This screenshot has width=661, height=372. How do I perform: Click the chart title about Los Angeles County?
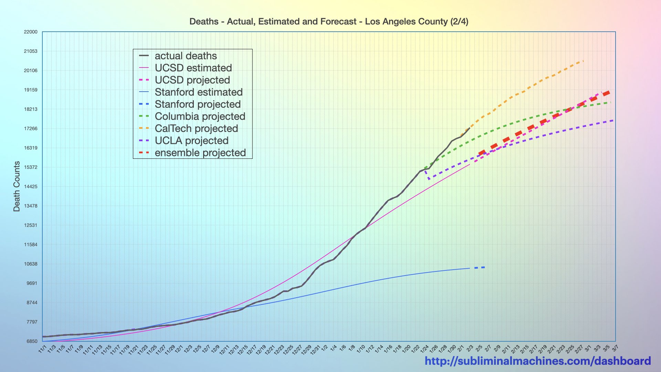(x=329, y=22)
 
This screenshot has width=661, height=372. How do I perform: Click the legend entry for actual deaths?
(x=186, y=56)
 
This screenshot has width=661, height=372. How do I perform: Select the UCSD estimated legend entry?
(x=193, y=68)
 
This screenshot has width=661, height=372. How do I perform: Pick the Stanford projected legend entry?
(x=198, y=104)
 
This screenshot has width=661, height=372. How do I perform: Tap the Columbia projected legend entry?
(x=200, y=116)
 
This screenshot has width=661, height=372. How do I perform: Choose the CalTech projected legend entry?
(x=196, y=128)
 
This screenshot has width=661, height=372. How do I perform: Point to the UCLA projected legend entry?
(x=191, y=141)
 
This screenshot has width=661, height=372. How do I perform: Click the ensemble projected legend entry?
(x=200, y=153)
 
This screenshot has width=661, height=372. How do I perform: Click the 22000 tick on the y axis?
(x=31, y=32)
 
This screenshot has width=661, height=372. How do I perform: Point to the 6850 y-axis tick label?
(x=32, y=341)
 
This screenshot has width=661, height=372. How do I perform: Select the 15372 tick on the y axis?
(x=31, y=167)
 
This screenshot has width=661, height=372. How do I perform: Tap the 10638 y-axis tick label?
(x=31, y=264)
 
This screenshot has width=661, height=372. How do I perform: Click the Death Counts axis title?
(x=17, y=186)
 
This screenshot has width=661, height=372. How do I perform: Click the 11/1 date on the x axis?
(x=43, y=349)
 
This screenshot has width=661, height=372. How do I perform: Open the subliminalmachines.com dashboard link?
(x=538, y=361)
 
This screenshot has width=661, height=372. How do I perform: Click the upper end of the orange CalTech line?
(x=583, y=61)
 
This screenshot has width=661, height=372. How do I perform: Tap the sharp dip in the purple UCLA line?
(x=429, y=179)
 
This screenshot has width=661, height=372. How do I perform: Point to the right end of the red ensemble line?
(x=609, y=92)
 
